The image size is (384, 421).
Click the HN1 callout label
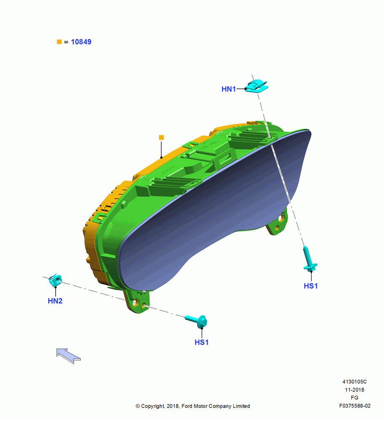tap(229, 89)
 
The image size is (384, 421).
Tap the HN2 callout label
tap(55, 301)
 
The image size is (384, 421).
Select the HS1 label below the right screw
tap(311, 286)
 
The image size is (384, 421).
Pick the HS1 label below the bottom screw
tap(201, 342)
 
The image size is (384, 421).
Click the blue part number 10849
tap(81, 42)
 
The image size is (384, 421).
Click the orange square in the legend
tap(59, 42)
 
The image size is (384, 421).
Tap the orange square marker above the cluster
tap(161, 138)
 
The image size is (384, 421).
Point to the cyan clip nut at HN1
tap(257, 86)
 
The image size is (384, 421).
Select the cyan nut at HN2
tap(55, 280)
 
